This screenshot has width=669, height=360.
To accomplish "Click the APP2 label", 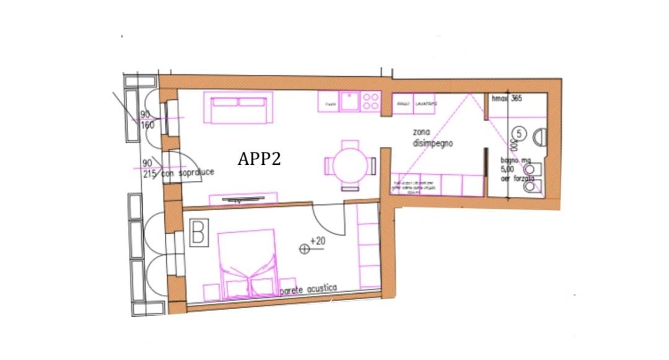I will (x=259, y=159).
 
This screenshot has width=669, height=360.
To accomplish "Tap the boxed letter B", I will (x=199, y=234).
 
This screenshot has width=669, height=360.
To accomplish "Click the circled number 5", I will (x=519, y=133).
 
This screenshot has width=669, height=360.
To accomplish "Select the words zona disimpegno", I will (x=432, y=138).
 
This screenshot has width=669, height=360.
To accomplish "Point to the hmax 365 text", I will (x=505, y=99).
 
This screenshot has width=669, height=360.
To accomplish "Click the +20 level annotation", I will (x=318, y=241).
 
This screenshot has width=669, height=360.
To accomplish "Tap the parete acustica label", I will (x=308, y=289).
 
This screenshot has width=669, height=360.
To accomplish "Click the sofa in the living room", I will (x=238, y=108).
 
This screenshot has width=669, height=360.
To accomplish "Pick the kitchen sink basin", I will (x=350, y=100).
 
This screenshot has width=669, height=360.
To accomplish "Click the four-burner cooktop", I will (x=370, y=101).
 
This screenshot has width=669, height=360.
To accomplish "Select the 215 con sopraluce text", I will (x=175, y=172).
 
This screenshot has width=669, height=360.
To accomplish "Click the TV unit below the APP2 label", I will (x=243, y=200).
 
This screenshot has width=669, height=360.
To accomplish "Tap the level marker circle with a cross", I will (x=304, y=248).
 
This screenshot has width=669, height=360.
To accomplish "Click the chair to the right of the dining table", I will (x=372, y=166).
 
